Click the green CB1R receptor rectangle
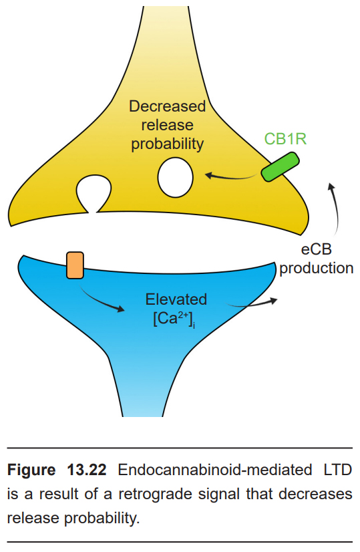[280, 167]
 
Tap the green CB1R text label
[285, 139]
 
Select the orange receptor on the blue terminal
[75, 265]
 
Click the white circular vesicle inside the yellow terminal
[175, 178]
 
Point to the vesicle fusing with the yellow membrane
[94, 194]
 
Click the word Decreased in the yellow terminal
[167, 106]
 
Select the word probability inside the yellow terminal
[167, 144]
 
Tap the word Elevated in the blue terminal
[176, 299]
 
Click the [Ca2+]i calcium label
[174, 319]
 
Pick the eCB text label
[317, 249]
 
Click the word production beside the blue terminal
[317, 269]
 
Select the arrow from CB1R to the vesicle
[230, 176]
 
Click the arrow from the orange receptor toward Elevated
[102, 300]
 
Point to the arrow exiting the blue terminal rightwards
[252, 304]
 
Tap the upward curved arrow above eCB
[336, 208]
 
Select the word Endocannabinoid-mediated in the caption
[214, 470]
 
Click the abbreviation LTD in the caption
[337, 470]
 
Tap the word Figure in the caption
[31, 470]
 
